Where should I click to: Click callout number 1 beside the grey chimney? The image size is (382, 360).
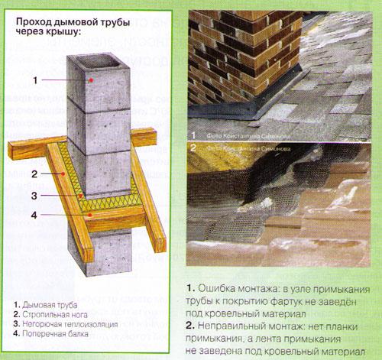coord(35,79)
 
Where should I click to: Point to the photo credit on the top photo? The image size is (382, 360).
coord(241,135)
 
